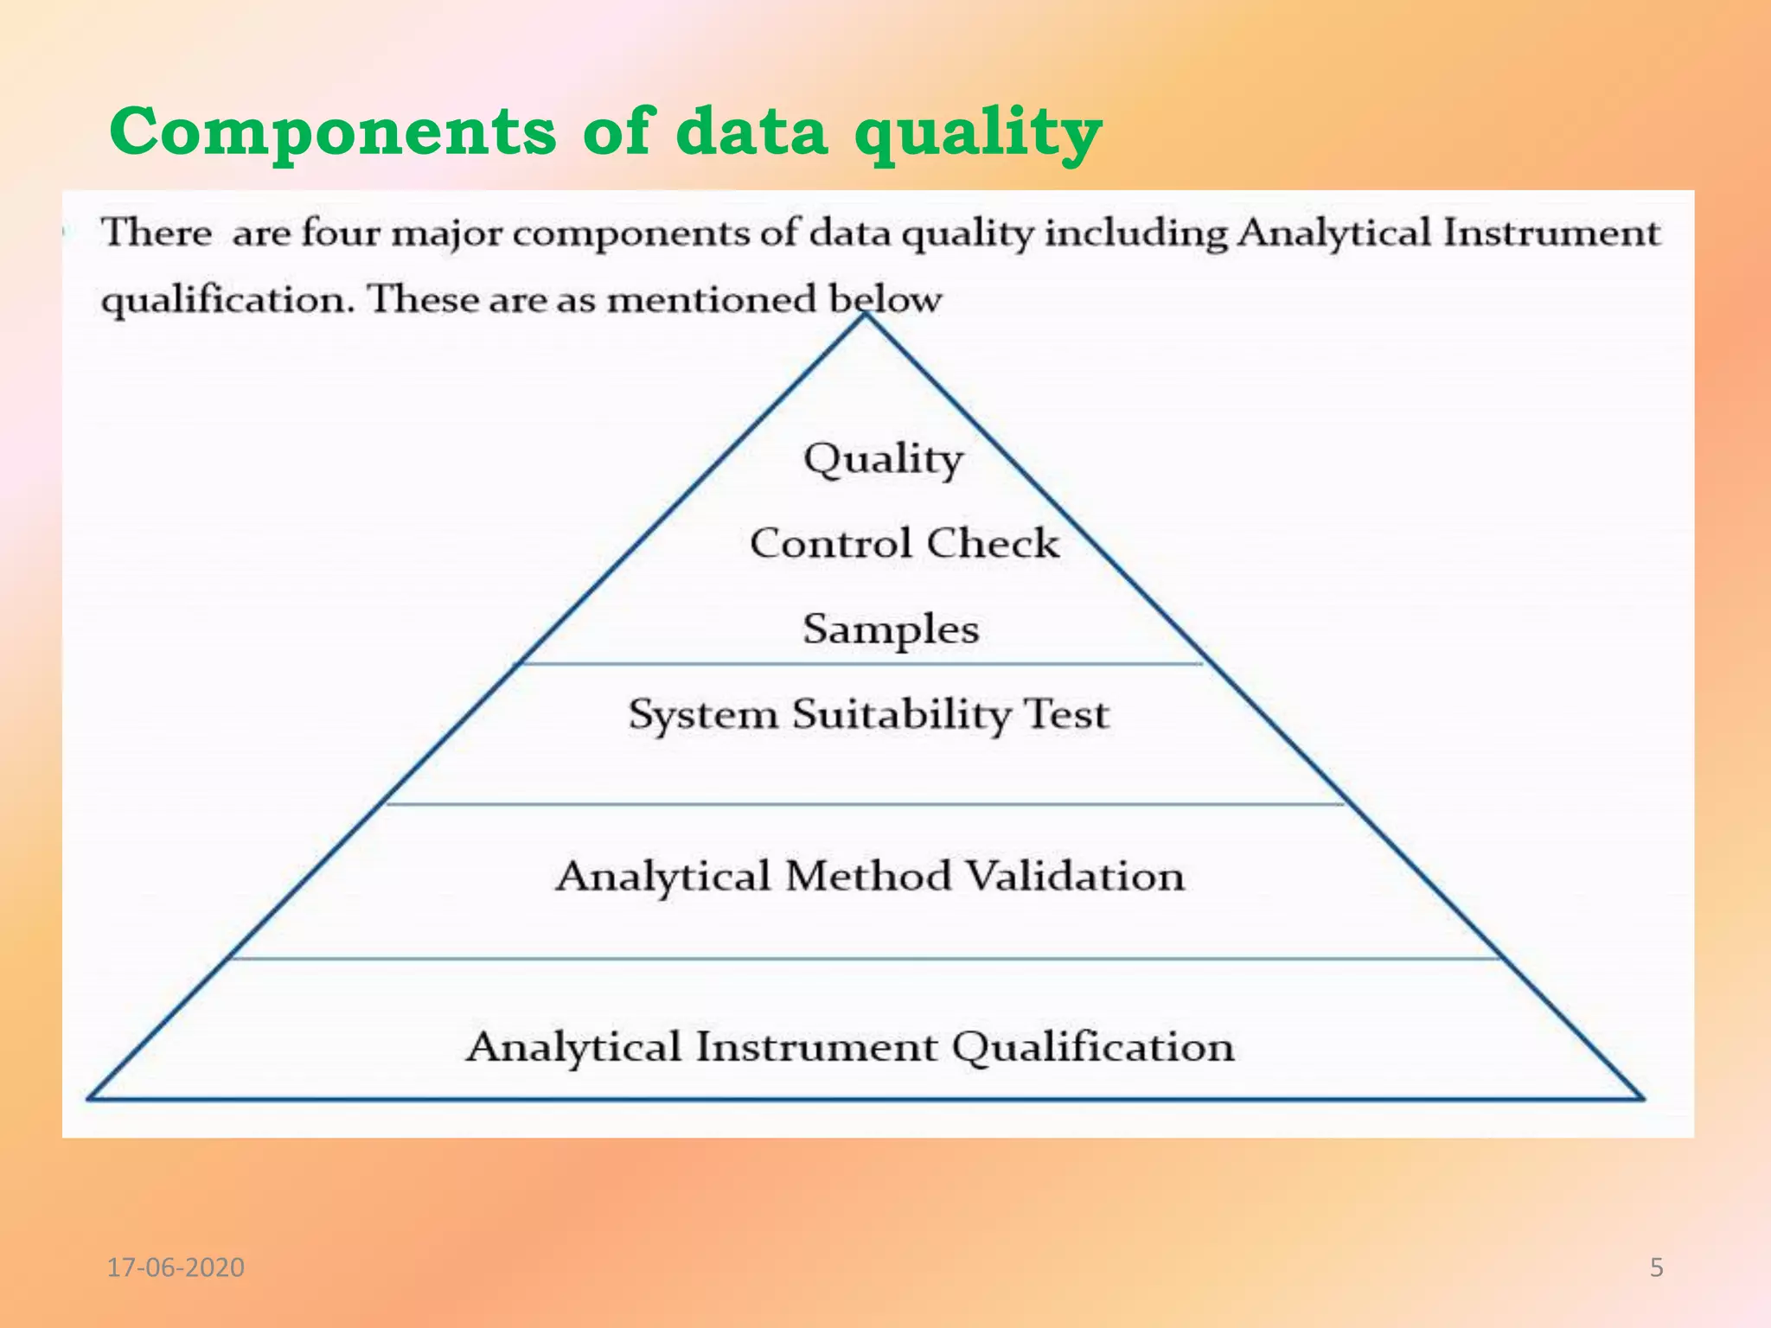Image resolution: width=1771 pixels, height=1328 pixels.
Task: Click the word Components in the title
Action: [333, 132]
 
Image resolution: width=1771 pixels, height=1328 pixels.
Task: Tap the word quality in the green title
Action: [977, 134]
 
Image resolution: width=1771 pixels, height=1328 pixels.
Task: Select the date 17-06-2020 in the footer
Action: [176, 1267]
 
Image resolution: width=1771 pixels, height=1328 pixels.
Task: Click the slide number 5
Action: [1656, 1267]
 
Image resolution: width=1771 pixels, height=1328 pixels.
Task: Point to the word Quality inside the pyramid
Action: [882, 459]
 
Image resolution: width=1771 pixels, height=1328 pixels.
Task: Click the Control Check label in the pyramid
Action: [904, 544]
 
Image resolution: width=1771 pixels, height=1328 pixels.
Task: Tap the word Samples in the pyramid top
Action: [891, 629]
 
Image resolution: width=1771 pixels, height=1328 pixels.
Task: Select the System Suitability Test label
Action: [868, 715]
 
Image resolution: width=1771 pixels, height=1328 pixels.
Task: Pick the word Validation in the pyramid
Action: [1074, 876]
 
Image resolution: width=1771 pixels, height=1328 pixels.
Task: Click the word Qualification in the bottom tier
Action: [1093, 1047]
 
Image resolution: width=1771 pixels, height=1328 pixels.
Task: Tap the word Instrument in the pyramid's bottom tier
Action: [815, 1047]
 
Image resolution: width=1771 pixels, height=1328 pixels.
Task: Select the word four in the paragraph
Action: [341, 233]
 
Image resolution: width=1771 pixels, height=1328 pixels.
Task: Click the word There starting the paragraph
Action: [157, 233]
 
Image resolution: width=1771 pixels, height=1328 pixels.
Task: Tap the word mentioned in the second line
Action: [711, 300]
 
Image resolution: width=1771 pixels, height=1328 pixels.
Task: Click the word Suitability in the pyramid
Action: [901, 715]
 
